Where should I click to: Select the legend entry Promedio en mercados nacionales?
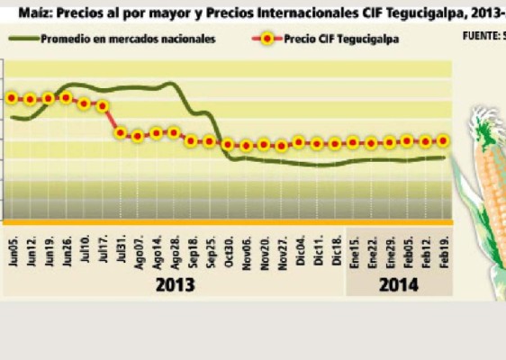point(127,39)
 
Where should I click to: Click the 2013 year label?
point(175,284)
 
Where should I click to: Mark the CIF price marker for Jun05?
point(13,98)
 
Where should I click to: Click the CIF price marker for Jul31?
point(121,133)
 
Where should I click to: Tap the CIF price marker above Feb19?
point(443,140)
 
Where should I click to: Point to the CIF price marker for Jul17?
point(103,105)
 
